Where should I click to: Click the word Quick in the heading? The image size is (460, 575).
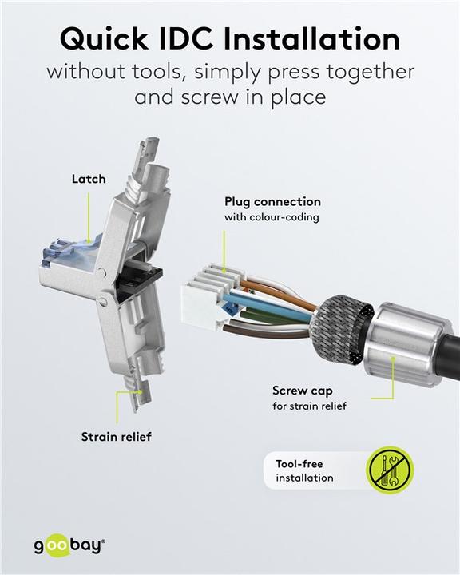click(104, 40)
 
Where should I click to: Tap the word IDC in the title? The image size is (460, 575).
click(186, 39)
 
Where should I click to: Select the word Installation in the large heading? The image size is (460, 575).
click(311, 39)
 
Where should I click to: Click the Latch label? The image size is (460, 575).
click(89, 179)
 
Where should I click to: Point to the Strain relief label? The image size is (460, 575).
click(117, 437)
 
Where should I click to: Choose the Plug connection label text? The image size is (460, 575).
click(272, 202)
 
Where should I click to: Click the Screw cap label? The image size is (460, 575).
click(302, 391)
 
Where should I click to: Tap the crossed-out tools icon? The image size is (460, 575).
click(390, 470)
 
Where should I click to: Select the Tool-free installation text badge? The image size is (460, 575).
click(315, 470)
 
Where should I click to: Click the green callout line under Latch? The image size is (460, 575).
click(89, 217)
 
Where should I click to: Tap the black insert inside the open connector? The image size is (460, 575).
click(139, 279)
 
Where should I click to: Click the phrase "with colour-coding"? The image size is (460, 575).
click(272, 217)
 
